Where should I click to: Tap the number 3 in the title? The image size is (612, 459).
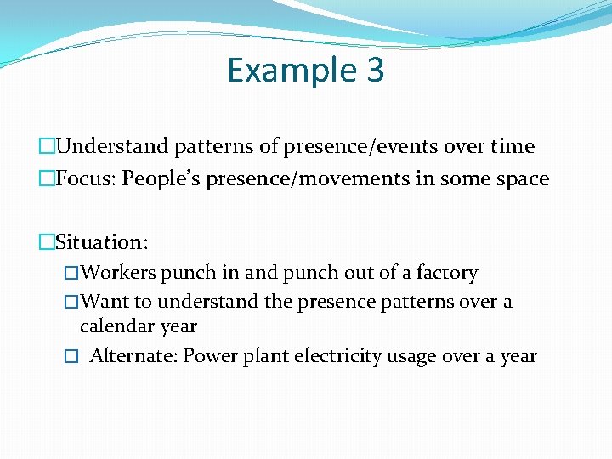(375, 70)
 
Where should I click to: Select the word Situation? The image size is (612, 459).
(101, 242)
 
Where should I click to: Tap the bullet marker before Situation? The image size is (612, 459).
(46, 242)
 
